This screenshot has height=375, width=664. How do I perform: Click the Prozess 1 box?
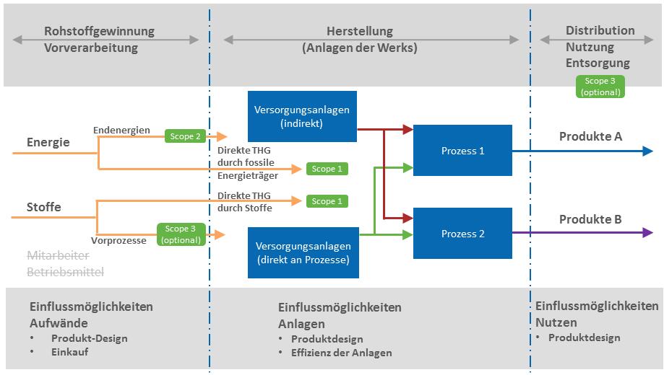[x=462, y=151]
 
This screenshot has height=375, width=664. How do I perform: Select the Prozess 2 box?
[x=462, y=234]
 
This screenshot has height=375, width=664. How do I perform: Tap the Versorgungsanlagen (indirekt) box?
[x=302, y=116]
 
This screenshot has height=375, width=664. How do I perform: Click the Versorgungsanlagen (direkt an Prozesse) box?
[x=302, y=252]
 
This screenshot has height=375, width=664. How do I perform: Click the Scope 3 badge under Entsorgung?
[x=600, y=87]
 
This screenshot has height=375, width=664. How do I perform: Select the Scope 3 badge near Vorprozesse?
[x=181, y=234]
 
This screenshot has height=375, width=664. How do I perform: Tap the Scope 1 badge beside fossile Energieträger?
[x=326, y=169]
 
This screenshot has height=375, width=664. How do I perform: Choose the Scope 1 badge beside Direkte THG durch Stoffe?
[x=326, y=201]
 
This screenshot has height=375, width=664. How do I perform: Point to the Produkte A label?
[x=590, y=136]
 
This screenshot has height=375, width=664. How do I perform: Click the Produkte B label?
[x=590, y=219]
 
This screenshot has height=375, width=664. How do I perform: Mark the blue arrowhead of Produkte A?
[x=647, y=151]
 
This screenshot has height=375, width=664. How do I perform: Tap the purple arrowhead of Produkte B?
[x=647, y=233]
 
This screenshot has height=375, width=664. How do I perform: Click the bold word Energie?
[x=48, y=142]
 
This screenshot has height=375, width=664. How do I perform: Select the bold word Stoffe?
[x=44, y=207]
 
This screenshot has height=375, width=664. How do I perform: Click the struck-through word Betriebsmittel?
[x=65, y=272]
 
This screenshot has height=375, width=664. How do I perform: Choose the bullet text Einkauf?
[x=71, y=353]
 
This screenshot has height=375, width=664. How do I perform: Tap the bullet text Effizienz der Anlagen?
[x=341, y=353]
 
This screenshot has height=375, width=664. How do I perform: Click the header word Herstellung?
[x=360, y=31]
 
